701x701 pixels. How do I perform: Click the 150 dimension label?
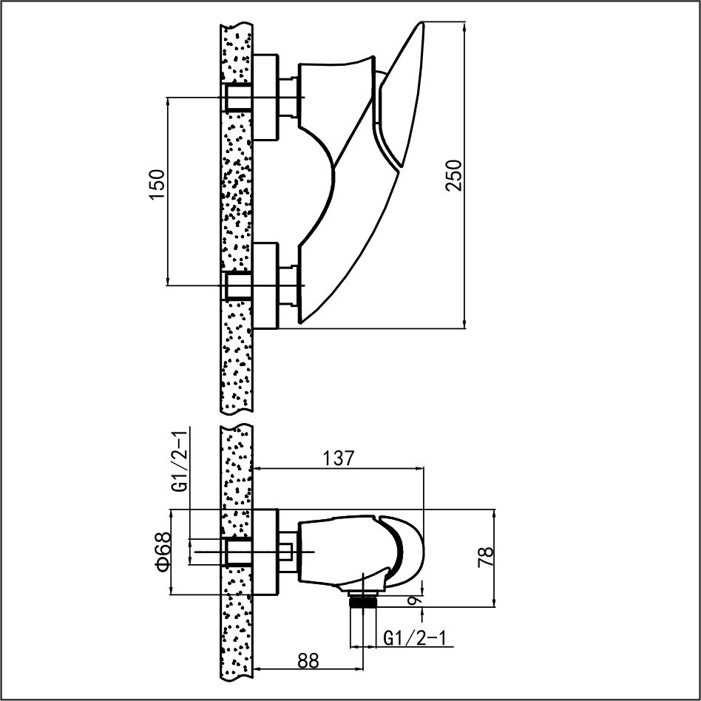tap(157, 185)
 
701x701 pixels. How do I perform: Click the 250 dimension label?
tap(453, 175)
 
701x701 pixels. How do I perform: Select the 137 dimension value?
tap(339, 458)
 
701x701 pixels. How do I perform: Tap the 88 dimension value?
tap(308, 660)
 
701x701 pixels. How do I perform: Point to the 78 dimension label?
tap(486, 557)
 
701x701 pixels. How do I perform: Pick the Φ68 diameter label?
tap(162, 551)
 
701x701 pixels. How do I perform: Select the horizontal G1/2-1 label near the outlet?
tap(416, 638)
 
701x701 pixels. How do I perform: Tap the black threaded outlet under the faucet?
tap(363, 600)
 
